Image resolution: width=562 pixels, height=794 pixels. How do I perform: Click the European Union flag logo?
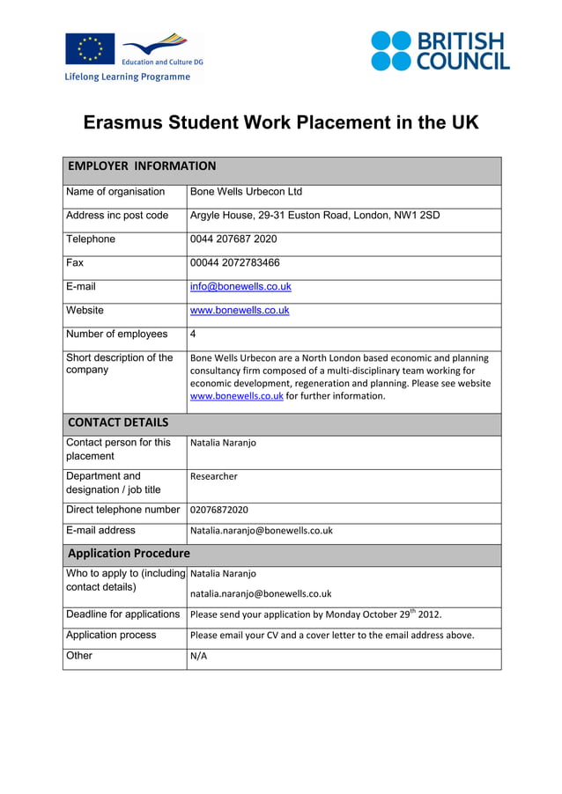pyautogui.click(x=89, y=48)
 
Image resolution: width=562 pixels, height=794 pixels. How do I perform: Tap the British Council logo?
pyautogui.click(x=440, y=51)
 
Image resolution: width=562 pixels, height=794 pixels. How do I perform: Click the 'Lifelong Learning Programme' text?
pyautogui.click(x=127, y=77)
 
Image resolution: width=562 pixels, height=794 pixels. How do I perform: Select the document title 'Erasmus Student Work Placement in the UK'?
pyautogui.click(x=281, y=122)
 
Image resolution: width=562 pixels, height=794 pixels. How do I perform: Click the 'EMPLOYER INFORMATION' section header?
pyautogui.click(x=142, y=166)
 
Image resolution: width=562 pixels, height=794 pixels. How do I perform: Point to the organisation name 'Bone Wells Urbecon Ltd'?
pyautogui.click(x=246, y=192)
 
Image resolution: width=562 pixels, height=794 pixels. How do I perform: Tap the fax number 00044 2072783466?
pyautogui.click(x=235, y=263)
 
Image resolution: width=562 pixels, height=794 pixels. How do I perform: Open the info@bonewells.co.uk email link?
pyautogui.click(x=240, y=287)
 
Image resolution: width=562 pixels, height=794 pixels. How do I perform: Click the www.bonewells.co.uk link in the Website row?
pyautogui.click(x=240, y=311)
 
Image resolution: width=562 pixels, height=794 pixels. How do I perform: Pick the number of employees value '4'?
pyautogui.click(x=193, y=335)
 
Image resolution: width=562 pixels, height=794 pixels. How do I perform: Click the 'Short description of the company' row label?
pyautogui.click(x=120, y=364)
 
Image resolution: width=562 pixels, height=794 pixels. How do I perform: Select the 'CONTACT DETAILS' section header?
pyautogui.click(x=118, y=423)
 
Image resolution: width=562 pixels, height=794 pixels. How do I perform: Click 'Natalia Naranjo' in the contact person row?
pyautogui.click(x=223, y=443)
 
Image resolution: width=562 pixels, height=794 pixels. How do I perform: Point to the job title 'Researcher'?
pyautogui.click(x=214, y=476)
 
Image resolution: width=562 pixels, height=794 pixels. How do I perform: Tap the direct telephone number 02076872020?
pyautogui.click(x=219, y=510)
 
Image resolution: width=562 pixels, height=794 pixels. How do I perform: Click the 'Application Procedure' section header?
pyautogui.click(x=129, y=554)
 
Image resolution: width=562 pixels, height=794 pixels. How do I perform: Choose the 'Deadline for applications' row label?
pyautogui.click(x=123, y=614)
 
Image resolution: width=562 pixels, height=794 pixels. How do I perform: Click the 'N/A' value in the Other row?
pyautogui.click(x=198, y=657)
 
